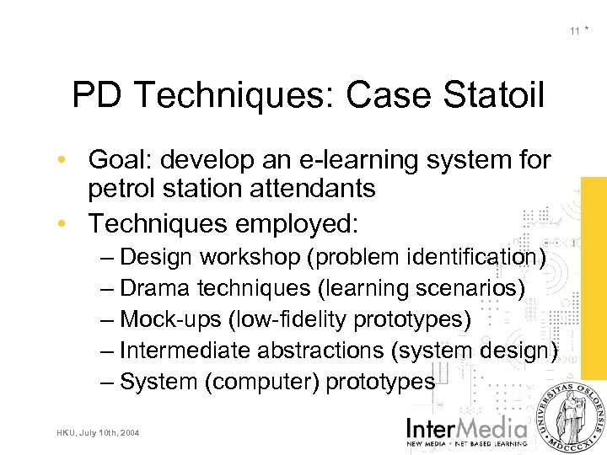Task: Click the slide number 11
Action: click(x=574, y=31)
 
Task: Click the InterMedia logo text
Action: click(x=468, y=427)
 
